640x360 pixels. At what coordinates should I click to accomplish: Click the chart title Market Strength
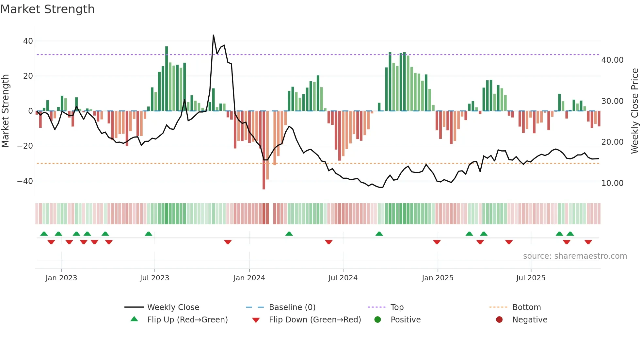click(x=47, y=9)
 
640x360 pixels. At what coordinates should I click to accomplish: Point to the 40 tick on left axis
click(x=28, y=41)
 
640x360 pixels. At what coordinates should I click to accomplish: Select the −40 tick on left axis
click(x=25, y=181)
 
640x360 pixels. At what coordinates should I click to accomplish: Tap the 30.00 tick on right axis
click(x=612, y=101)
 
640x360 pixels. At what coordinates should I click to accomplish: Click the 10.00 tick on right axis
click(x=612, y=183)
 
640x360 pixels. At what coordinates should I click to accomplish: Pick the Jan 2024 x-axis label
click(x=249, y=278)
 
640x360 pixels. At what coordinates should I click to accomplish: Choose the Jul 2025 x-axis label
click(x=531, y=278)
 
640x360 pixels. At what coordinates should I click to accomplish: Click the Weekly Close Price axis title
click(x=634, y=111)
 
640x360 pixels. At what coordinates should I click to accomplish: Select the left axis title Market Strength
click(x=6, y=111)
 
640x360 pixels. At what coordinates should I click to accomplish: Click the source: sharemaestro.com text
click(x=575, y=256)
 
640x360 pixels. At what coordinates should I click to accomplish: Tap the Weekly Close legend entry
click(x=173, y=307)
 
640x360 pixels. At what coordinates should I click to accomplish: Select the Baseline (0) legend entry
click(x=292, y=307)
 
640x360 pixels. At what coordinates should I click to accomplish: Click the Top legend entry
click(x=397, y=307)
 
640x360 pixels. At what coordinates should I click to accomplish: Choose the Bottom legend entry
click(x=526, y=307)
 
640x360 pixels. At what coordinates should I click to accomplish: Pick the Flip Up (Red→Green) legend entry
click(x=187, y=320)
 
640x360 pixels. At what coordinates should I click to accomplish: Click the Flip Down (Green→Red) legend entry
click(x=314, y=320)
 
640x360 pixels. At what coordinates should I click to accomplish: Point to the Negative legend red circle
click(x=499, y=320)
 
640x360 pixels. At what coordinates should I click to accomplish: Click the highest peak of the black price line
click(x=214, y=35)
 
